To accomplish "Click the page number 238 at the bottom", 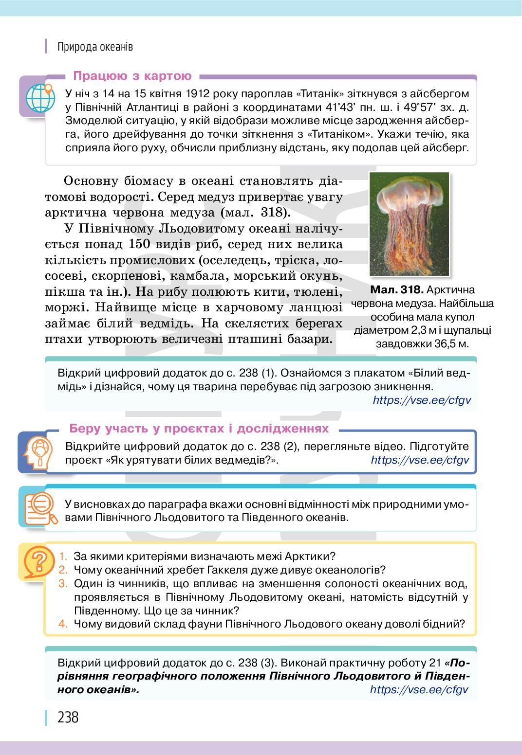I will tap(68, 717).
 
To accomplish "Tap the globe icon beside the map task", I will tap(40, 97).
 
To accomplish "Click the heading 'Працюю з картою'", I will tap(132, 76).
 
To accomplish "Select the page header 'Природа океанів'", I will tap(95, 47).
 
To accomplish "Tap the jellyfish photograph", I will tap(409, 224).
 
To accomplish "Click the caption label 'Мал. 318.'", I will tap(396, 290).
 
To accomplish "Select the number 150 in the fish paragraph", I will tap(144, 244).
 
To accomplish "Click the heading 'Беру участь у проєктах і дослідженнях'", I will tap(199, 429).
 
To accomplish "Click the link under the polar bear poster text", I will tap(422, 400).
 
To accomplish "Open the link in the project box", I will tap(420, 460).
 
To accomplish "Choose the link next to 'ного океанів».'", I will tap(419, 689).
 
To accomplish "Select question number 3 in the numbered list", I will tap(63, 583).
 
